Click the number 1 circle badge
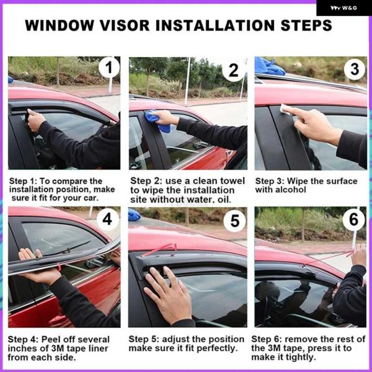pyautogui.click(x=109, y=67)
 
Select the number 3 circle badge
pyautogui.click(x=355, y=69)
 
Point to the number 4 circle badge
pyautogui.click(x=107, y=219)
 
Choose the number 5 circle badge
pyautogui.click(x=234, y=221)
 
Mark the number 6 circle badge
pyautogui.click(x=353, y=219)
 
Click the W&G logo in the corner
pyautogui.click(x=343, y=8)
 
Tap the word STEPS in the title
pyautogui.click(x=306, y=25)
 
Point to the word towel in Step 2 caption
pyautogui.click(x=232, y=181)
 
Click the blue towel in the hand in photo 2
pyautogui.click(x=157, y=121)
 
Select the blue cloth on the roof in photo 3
pyautogui.click(x=269, y=66)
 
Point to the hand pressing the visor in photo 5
pyautogui.click(x=169, y=294)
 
